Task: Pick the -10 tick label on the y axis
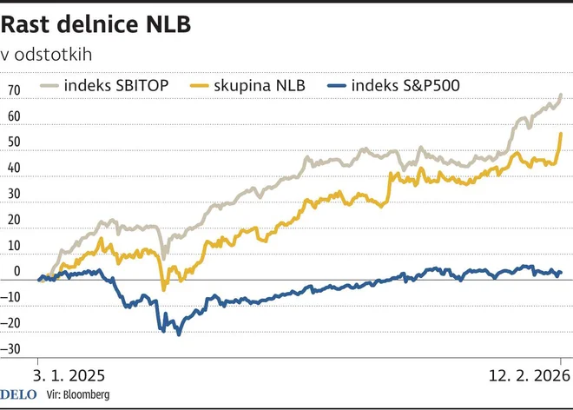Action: [x=12, y=297]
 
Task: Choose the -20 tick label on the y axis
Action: [x=12, y=323]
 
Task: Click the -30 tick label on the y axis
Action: [x=12, y=349]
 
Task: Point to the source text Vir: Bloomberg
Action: [x=79, y=396]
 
